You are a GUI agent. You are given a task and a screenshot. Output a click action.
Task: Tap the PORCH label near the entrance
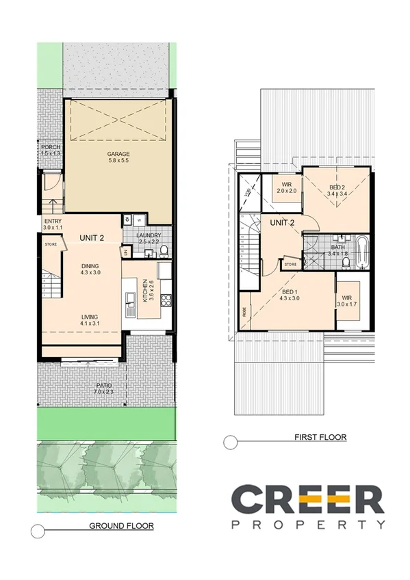pos(51,147)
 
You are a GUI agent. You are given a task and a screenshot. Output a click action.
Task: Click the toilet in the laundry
pos(162,252)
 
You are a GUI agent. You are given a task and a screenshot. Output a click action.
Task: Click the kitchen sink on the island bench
pos(129,301)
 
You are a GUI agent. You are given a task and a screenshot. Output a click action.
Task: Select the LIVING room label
pos(90,317)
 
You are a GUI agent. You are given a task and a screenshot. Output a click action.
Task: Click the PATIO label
pos(104,386)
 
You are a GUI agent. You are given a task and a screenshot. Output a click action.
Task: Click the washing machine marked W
pos(139,220)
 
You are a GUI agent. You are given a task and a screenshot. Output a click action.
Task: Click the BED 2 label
pos(336,187)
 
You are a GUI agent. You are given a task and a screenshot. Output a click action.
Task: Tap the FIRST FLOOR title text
pos(320,436)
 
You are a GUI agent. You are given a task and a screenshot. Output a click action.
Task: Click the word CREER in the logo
pos(307,499)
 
